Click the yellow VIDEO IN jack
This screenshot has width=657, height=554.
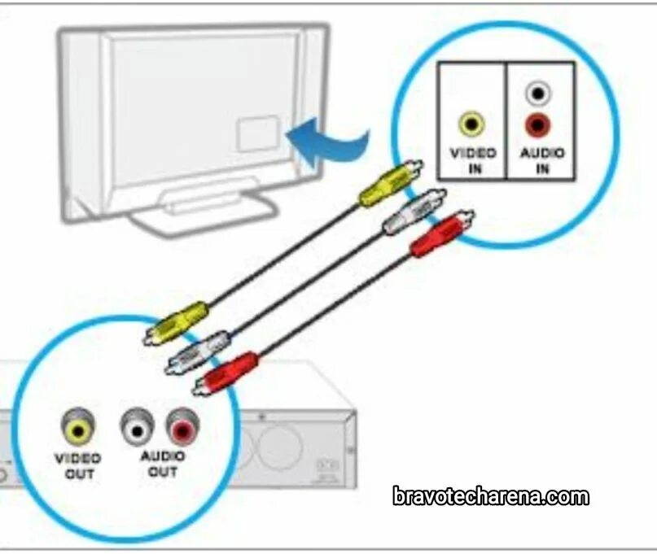click(x=471, y=124)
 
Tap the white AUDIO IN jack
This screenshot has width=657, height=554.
click(x=537, y=94)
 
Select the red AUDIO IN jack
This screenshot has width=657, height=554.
click(x=537, y=125)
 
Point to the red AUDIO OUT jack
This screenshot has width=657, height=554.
click(x=182, y=424)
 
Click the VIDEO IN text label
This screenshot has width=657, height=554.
click(x=472, y=159)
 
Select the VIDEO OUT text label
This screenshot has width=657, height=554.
click(x=78, y=465)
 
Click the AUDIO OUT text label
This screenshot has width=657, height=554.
click(x=163, y=464)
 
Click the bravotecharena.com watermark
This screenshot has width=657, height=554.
click(x=490, y=496)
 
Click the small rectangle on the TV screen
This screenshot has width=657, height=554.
click(x=257, y=133)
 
